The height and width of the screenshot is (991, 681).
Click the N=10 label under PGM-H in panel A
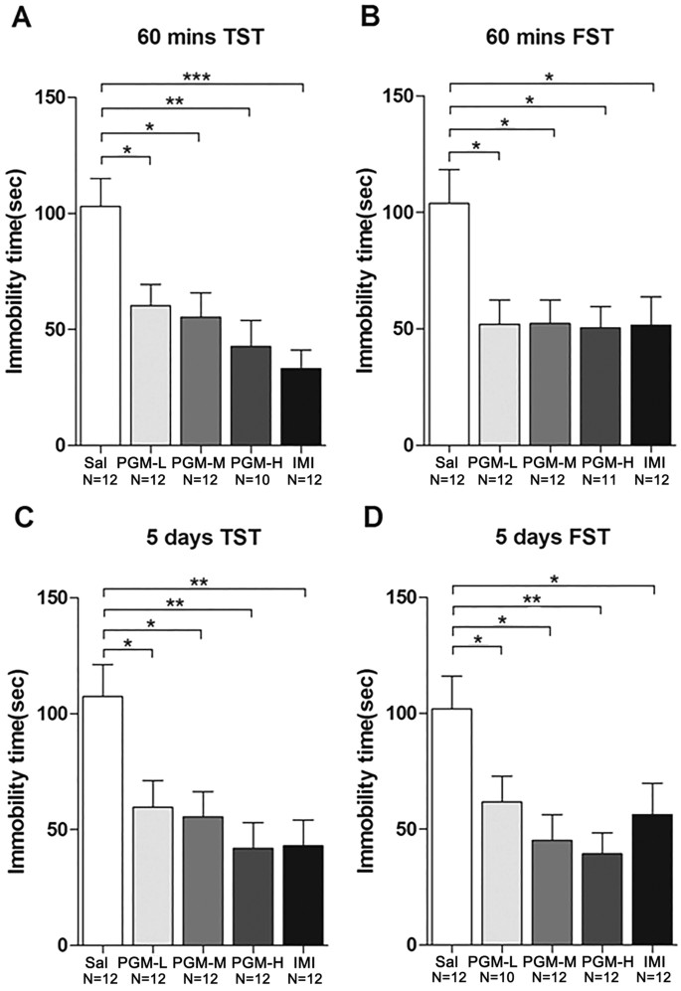coord(251,479)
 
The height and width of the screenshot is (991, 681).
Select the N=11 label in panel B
coord(604,479)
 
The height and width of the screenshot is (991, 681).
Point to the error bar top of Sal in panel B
coord(450,170)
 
